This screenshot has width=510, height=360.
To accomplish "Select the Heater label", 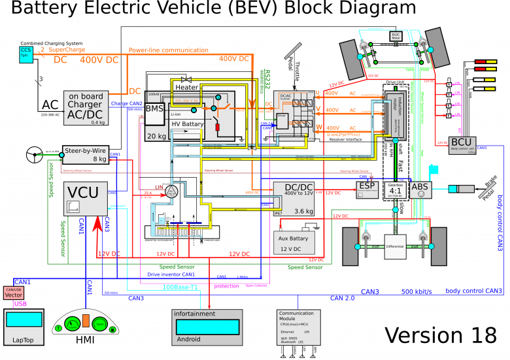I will [187, 87].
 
